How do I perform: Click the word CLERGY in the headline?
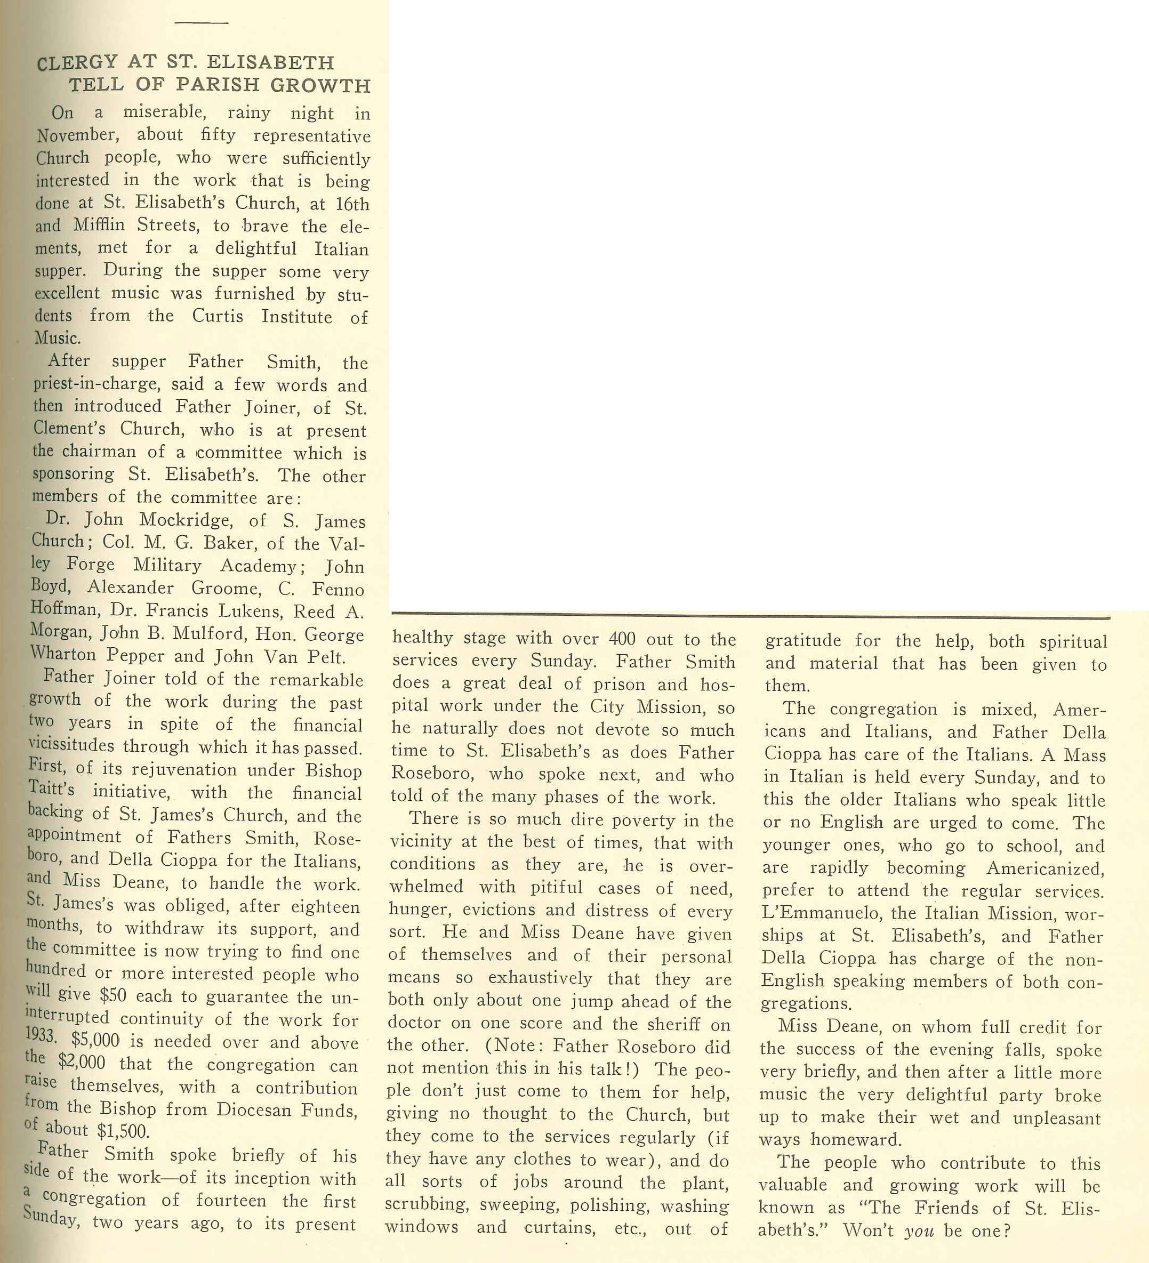point(77,63)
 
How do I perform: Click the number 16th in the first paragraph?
point(352,204)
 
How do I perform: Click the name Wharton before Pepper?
point(63,655)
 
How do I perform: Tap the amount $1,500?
point(123,1131)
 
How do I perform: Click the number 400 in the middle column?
point(622,639)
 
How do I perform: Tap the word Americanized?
point(1045,868)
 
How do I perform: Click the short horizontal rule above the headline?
point(201,23)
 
